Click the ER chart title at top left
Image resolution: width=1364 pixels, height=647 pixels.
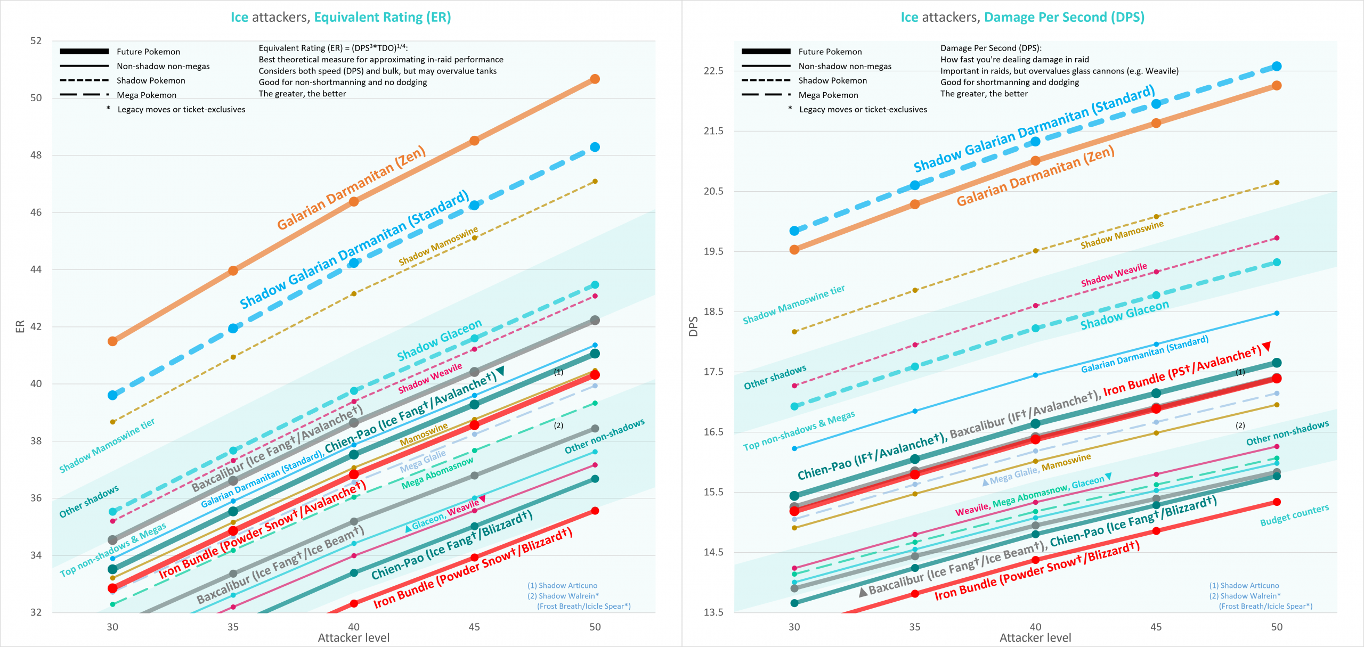coord(340,18)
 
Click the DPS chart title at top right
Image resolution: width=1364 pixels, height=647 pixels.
coord(1022,18)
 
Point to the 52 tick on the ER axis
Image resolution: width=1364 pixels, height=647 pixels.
coord(36,41)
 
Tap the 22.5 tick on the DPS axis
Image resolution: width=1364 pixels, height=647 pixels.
coord(713,71)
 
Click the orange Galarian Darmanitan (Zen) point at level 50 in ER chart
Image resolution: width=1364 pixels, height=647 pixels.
coord(595,79)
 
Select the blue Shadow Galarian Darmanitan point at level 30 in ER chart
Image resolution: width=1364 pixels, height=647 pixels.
coord(112,395)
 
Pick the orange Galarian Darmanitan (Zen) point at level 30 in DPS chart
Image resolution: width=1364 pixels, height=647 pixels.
coord(794,249)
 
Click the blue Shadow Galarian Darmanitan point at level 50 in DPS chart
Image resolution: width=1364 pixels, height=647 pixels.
coord(1277,66)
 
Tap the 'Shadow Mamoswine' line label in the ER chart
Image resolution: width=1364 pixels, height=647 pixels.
coord(438,246)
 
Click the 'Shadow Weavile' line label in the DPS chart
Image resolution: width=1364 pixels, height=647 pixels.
coord(1114,274)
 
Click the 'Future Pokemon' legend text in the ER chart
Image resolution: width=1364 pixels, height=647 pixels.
coord(148,52)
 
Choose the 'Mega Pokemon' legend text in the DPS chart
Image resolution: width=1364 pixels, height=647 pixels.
coord(828,95)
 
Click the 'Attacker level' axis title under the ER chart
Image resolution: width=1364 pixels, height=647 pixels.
coord(353,637)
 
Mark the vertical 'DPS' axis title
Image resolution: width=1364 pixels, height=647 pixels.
coord(693,326)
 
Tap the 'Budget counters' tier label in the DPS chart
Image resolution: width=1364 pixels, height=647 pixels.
coord(1294,515)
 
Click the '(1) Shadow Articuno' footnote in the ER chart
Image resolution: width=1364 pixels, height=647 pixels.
coord(562,585)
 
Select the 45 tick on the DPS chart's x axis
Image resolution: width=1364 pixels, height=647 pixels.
coord(1156,627)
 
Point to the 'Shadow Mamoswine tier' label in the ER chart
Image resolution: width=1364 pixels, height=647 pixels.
coord(107,446)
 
